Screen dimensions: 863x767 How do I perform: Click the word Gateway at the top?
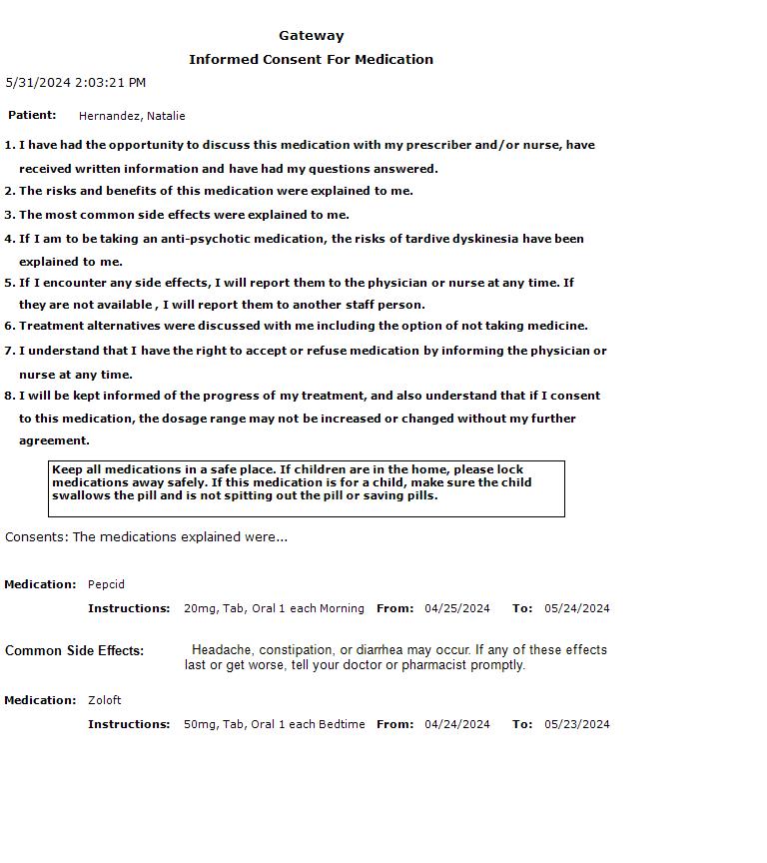[x=311, y=36]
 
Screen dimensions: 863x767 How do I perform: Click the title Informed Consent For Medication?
[x=311, y=60]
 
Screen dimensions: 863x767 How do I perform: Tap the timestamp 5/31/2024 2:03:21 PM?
[x=76, y=83]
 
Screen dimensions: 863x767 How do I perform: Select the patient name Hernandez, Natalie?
[x=132, y=116]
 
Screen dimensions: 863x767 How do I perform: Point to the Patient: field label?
[x=32, y=116]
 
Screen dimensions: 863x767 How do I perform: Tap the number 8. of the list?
[x=10, y=396]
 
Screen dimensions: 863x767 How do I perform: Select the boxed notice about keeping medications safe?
[x=306, y=488]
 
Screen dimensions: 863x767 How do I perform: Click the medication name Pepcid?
[x=106, y=584]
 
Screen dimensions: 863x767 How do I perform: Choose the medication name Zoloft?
[x=104, y=700]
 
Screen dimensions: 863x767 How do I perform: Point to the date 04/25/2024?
[x=457, y=608]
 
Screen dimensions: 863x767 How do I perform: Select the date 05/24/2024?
[x=576, y=608]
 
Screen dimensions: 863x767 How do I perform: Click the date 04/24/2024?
[x=457, y=724]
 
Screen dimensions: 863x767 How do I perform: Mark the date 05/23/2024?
[x=576, y=724]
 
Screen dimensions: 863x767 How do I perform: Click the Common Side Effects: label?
[x=74, y=651]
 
